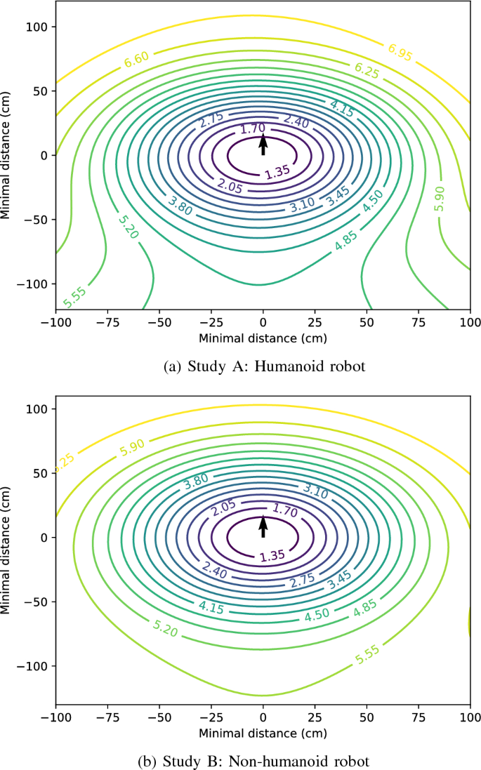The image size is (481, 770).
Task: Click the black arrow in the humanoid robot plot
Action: [263, 145]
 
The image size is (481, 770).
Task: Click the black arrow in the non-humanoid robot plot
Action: [263, 526]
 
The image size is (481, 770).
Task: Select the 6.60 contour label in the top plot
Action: [136, 61]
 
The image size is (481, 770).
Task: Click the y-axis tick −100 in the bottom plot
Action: [34, 666]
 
